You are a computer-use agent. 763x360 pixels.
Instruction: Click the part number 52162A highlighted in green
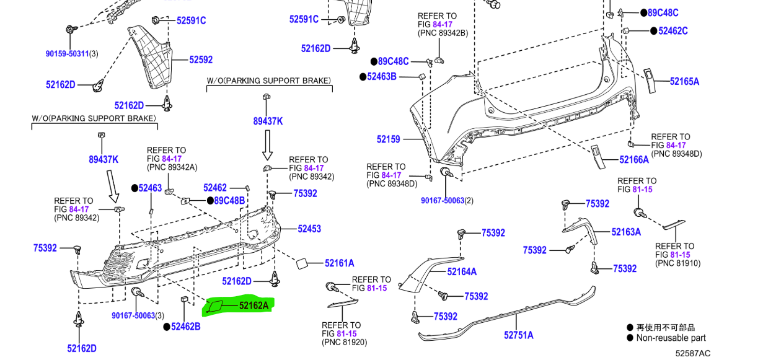pos(254,305)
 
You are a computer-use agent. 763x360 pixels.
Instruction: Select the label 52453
pos(309,229)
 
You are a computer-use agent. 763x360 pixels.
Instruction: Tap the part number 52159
pos(389,139)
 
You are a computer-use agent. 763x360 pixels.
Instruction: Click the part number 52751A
pos(518,335)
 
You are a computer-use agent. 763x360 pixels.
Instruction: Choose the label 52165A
pos(684,81)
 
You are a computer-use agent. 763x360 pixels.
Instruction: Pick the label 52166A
pos(634,160)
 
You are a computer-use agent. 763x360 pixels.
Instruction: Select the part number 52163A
pos(626,232)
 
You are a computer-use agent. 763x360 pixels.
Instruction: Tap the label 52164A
pos(462,271)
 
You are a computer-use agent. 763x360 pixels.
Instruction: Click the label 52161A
pos(339,263)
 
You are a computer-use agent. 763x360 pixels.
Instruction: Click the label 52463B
pos(381,77)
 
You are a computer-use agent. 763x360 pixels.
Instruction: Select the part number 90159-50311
pos(67,54)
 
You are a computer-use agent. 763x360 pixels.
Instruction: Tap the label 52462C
pos(673,30)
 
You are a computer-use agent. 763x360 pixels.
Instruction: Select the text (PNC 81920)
pos(345,342)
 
